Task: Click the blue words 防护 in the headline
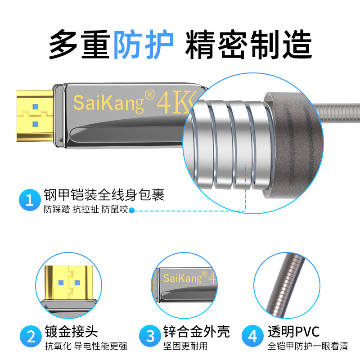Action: click(144, 44)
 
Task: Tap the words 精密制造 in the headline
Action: click(248, 44)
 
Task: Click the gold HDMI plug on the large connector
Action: click(35, 116)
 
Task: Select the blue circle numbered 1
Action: click(30, 200)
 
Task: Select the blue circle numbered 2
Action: click(31, 336)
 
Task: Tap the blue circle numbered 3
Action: click(150, 336)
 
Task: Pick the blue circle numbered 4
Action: click(252, 336)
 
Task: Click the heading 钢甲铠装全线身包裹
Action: click(104, 195)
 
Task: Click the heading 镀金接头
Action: click(71, 332)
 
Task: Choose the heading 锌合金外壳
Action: click(196, 332)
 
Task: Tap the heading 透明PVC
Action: click(293, 332)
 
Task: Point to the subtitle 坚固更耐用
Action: click(185, 346)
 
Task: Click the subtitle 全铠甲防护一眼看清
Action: click(308, 346)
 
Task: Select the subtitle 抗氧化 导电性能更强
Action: click(86, 346)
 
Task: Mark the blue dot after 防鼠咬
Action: click(131, 210)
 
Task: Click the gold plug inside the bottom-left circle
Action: click(69, 283)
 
